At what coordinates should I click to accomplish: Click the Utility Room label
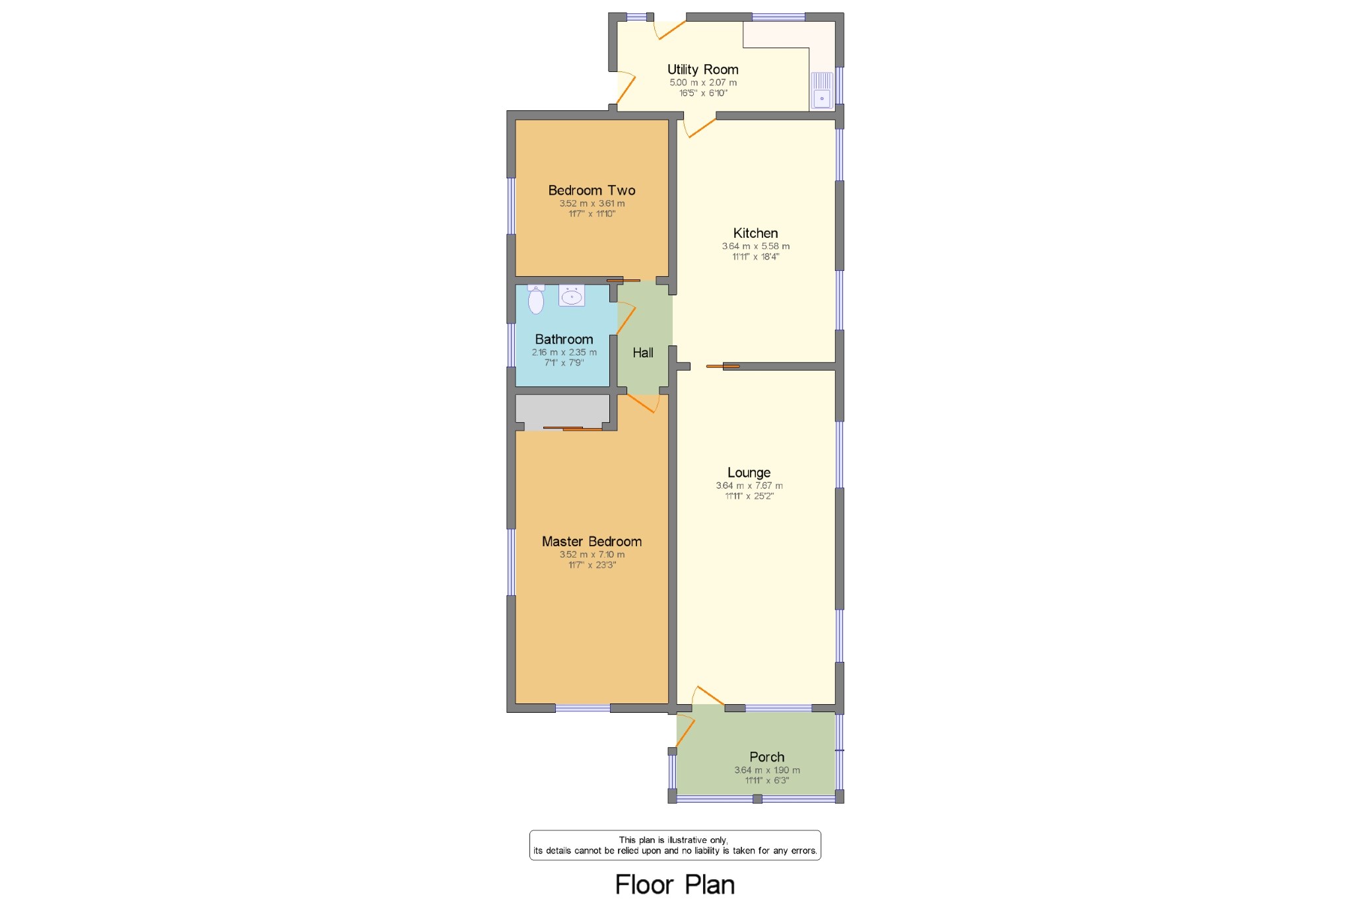702,69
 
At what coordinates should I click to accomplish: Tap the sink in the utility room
822,90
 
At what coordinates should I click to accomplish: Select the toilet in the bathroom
536,299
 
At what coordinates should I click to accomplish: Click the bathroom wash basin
572,295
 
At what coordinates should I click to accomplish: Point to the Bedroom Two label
591,190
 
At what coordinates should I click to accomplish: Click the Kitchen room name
755,233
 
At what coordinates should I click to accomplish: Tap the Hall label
643,353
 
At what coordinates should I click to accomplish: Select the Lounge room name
749,473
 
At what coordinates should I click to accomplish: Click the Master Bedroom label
591,542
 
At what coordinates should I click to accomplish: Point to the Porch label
766,757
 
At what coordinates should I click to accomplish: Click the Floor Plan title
675,884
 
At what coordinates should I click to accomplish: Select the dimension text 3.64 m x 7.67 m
749,486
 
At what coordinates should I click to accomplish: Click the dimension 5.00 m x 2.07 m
703,83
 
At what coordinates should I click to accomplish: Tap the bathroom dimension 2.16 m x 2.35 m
564,352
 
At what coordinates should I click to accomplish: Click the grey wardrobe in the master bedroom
562,411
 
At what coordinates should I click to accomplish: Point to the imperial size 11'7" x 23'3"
592,565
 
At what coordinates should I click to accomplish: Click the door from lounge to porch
708,696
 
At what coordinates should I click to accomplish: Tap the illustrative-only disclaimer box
675,846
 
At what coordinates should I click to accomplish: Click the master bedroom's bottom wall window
583,708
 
